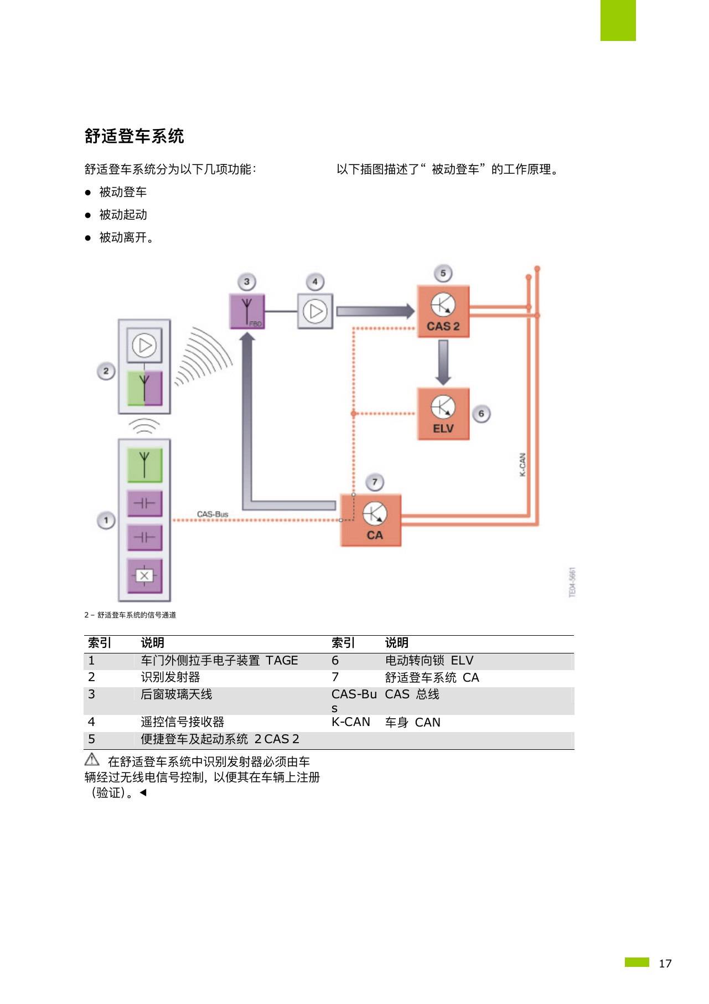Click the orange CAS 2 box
coord(443,311)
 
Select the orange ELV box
coord(443,414)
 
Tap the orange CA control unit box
coord(370,520)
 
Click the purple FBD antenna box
coord(247,311)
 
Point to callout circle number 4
coord(315,282)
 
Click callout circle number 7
coord(375,482)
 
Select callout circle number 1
coord(106,521)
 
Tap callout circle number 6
coord(481,414)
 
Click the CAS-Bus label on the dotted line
coord(213,514)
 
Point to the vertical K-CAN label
coord(522,465)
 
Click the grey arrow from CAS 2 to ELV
coord(443,362)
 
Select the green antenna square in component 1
coord(144,465)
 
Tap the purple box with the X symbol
coord(144,576)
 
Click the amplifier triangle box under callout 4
coord(315,311)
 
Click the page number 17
coord(665,964)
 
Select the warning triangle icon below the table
coord(92,760)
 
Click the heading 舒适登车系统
coord(134,136)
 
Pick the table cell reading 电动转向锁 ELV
coord(429,661)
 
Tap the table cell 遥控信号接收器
coord(183,722)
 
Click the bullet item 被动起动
coord(123,215)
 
